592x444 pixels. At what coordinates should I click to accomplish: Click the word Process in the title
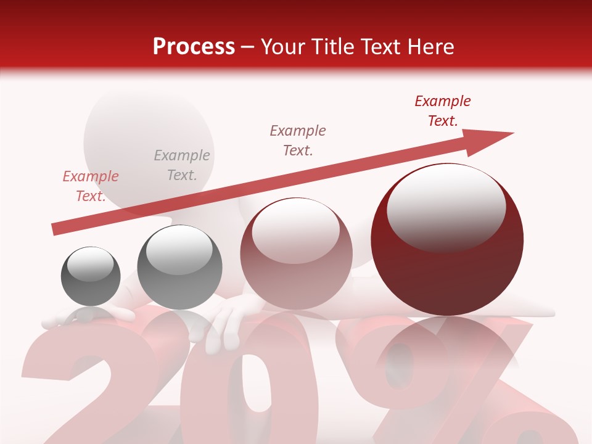pyautogui.click(x=194, y=47)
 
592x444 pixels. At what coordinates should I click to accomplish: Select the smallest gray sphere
pyautogui.click(x=91, y=276)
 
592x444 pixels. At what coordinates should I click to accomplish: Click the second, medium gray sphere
pyautogui.click(x=179, y=268)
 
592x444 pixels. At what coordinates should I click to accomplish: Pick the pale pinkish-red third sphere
pyautogui.click(x=296, y=254)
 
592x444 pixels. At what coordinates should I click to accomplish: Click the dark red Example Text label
pyautogui.click(x=443, y=111)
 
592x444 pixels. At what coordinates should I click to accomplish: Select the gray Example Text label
pyautogui.click(x=182, y=165)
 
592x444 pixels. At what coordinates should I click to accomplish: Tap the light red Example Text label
pyautogui.click(x=91, y=186)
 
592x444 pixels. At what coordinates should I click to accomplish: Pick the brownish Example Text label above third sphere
pyautogui.click(x=298, y=140)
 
